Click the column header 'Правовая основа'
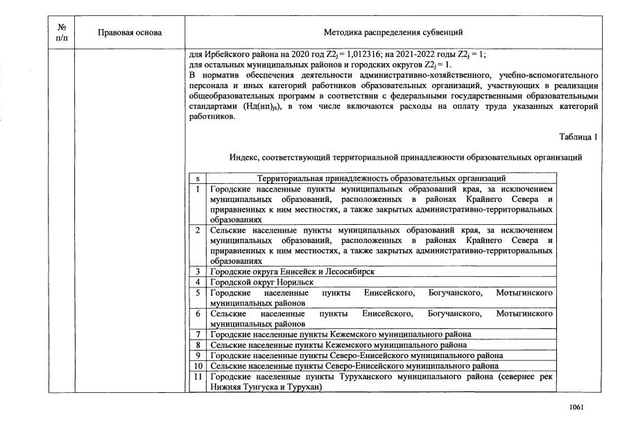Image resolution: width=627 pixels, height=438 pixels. click(x=130, y=33)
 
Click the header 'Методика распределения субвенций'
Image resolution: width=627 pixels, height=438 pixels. click(x=393, y=33)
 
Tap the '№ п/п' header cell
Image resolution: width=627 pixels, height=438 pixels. click(x=61, y=33)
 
